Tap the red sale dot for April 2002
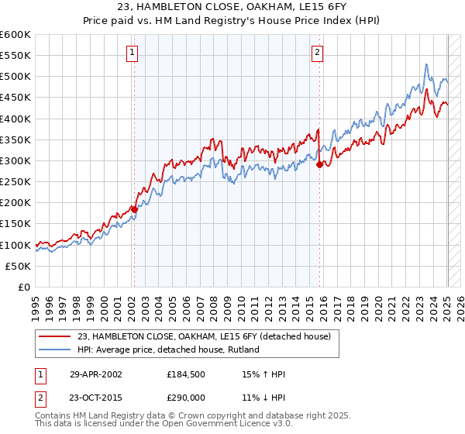(134, 209)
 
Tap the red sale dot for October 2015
(319, 164)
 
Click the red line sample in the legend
(56, 336)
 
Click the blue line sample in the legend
(56, 350)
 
